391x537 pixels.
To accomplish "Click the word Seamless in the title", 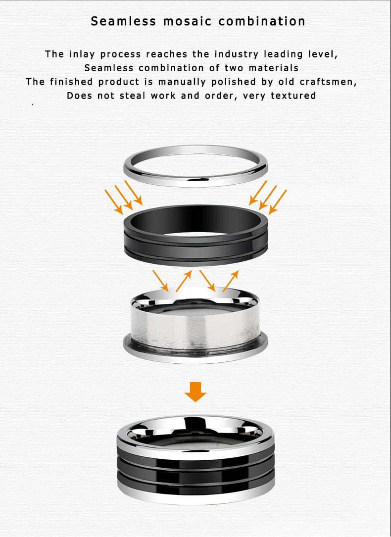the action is (x=123, y=21).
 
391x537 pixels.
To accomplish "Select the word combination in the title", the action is (x=262, y=21).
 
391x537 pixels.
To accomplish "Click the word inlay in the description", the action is (x=82, y=54).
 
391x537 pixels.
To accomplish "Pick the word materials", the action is (x=274, y=68).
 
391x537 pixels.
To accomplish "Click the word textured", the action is (x=293, y=96).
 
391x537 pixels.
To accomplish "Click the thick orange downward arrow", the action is (x=195, y=392).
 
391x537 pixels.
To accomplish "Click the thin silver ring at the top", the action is (x=195, y=181).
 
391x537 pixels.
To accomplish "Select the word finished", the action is (x=71, y=82).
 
